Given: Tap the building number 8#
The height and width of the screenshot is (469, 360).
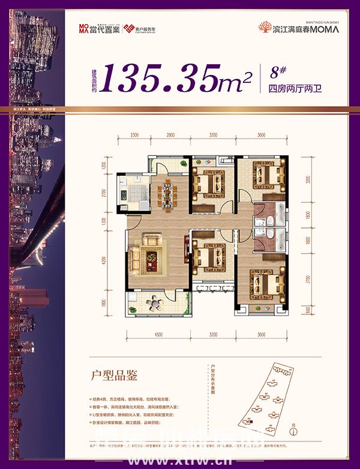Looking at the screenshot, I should [277, 73].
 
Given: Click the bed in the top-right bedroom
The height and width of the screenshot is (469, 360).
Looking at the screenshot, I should [264, 177].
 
